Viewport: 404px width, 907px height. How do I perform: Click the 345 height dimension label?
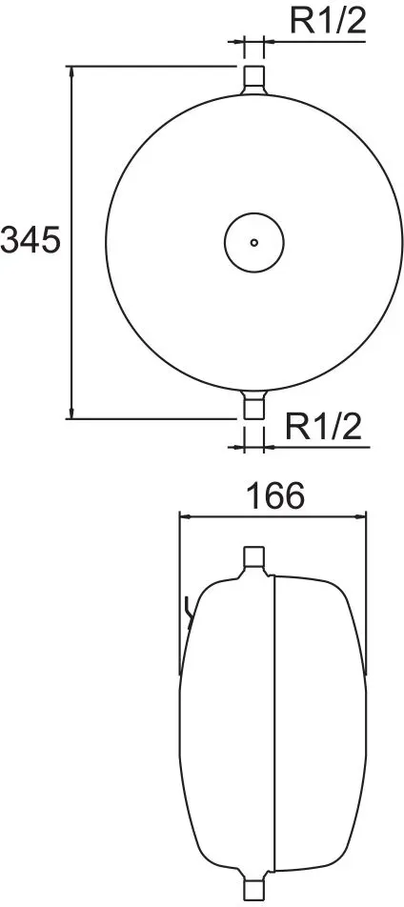[30, 239]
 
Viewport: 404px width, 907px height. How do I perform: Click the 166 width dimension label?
[274, 495]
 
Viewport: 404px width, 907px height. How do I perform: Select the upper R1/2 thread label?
[328, 21]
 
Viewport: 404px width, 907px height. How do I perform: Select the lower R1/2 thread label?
[324, 428]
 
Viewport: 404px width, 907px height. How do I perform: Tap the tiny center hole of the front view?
[253, 242]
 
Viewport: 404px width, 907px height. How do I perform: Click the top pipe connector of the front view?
[253, 79]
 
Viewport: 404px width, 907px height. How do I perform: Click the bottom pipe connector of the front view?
[253, 404]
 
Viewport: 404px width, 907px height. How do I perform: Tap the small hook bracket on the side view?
[188, 612]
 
